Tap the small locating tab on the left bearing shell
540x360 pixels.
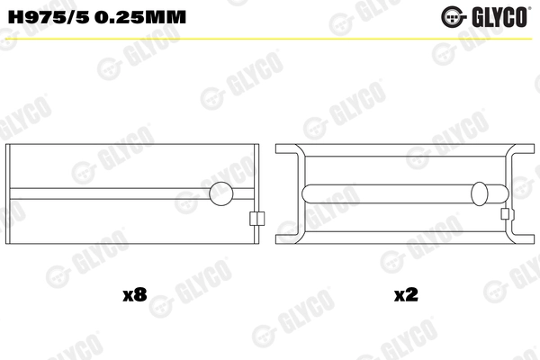(x=256, y=217)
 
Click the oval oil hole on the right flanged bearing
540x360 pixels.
(x=481, y=193)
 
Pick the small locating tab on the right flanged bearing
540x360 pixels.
(x=507, y=215)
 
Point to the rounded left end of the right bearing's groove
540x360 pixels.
(x=309, y=193)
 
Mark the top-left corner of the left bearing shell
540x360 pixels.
(x=7, y=145)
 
